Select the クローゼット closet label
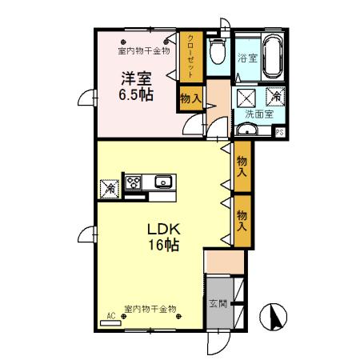tap(191, 54)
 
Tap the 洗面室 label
tap(259, 114)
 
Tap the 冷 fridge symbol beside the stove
tap(107, 188)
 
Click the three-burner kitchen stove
tap(133, 185)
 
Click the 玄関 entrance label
tap(218, 304)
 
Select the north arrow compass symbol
tap(276, 318)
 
